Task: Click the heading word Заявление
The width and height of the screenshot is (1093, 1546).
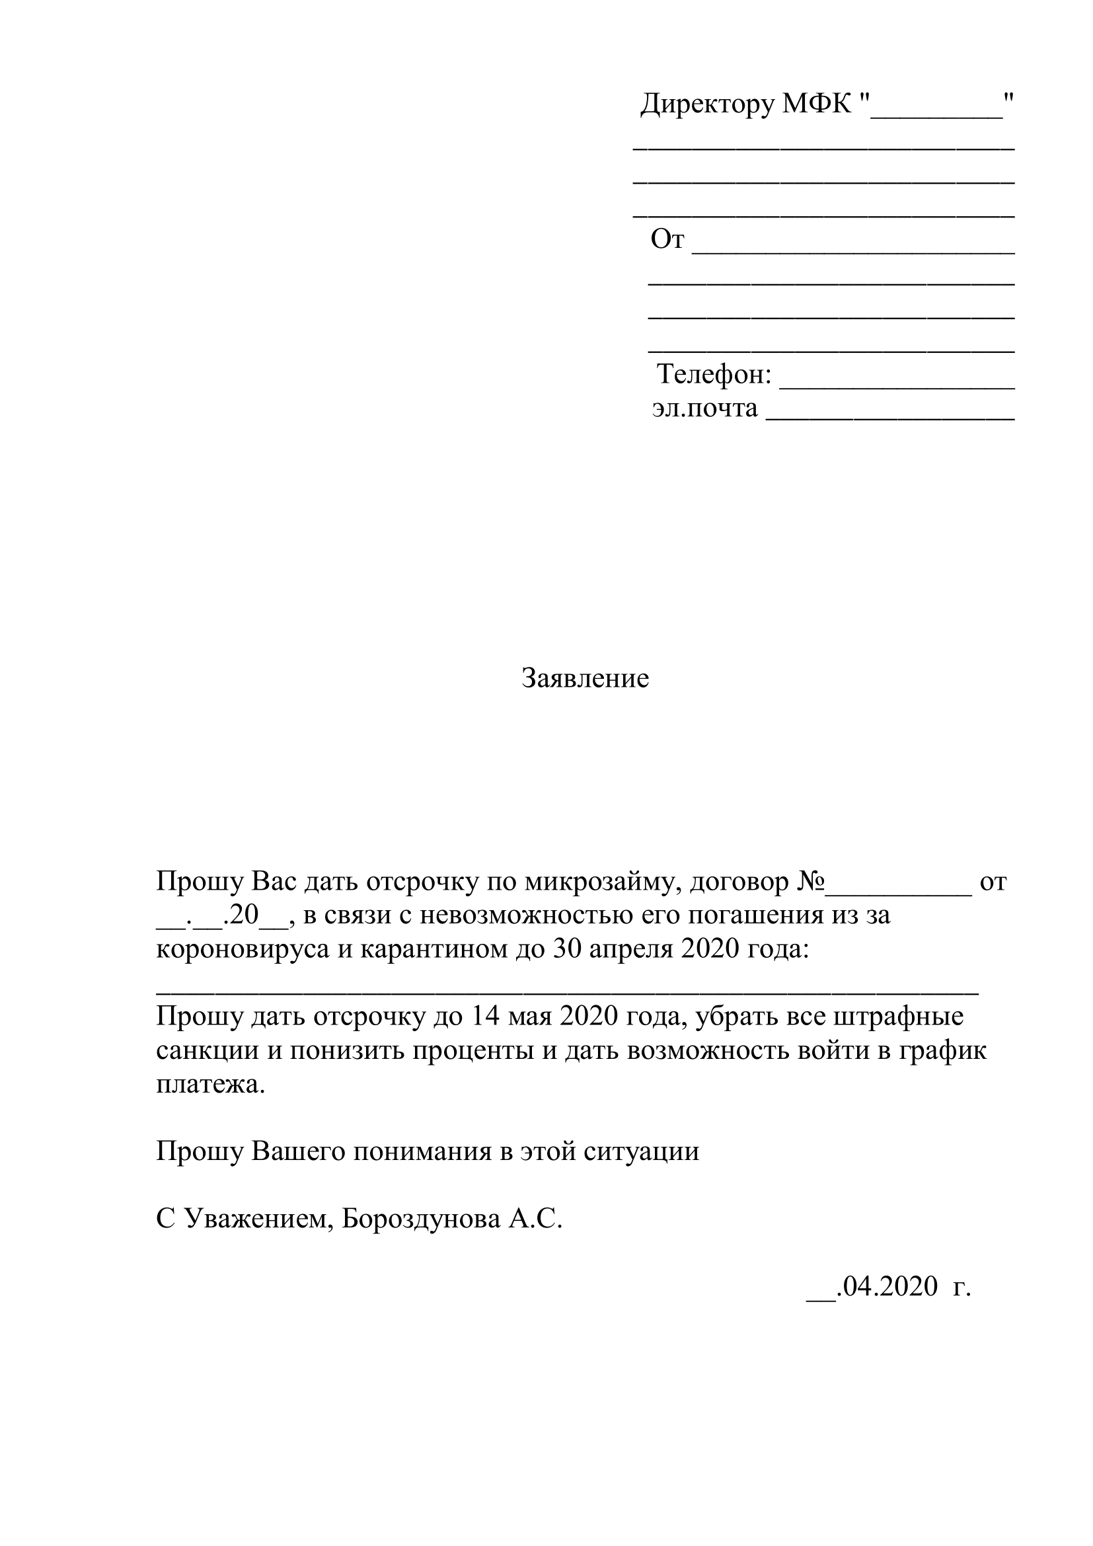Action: point(585,678)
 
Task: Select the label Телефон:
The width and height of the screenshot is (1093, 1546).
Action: point(714,374)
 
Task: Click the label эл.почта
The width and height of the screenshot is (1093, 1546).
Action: point(704,408)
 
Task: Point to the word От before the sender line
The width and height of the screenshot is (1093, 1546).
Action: point(667,239)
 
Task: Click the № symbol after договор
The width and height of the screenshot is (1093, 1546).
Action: point(810,882)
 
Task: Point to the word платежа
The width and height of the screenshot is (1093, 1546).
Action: point(211,1084)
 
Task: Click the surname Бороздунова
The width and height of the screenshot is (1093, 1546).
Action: point(421,1219)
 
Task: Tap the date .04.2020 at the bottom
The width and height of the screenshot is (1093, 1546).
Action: point(886,1286)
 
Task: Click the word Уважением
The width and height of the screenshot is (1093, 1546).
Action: point(258,1219)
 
